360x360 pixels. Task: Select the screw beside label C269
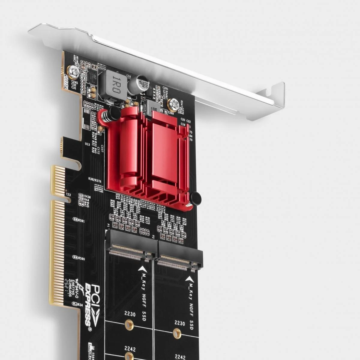click(x=173, y=104)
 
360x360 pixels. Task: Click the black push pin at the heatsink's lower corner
click(x=195, y=199)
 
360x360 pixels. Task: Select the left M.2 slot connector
click(x=131, y=244)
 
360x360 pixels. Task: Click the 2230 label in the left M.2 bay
click(x=130, y=315)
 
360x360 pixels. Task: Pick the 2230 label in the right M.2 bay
click(x=180, y=323)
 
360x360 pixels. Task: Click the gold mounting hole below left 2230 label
click(x=129, y=325)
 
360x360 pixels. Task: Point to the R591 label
click(x=81, y=221)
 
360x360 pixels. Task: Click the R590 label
click(x=81, y=259)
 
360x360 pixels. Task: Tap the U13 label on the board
click(x=87, y=144)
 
